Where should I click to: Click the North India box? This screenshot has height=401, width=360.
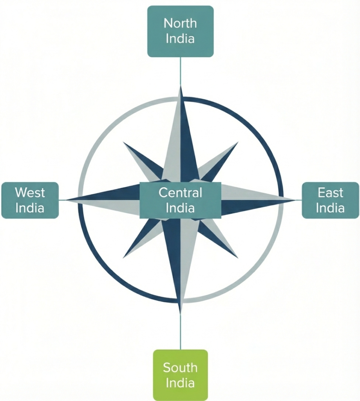pyautogui.click(x=180, y=31)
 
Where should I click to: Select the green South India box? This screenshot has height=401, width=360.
pyautogui.click(x=180, y=375)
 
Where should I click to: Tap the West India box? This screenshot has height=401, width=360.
pyautogui.click(x=30, y=200)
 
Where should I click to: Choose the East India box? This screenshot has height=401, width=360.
pyautogui.click(x=330, y=200)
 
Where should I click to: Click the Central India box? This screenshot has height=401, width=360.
pyautogui.click(x=180, y=200)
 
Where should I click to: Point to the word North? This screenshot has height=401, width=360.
pyautogui.click(x=180, y=23)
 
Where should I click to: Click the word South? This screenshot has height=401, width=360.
pyautogui.click(x=180, y=368)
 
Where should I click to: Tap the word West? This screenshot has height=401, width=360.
pyautogui.click(x=30, y=193)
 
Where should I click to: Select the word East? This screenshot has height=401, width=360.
pyautogui.click(x=330, y=193)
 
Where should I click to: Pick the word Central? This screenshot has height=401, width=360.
pyautogui.click(x=180, y=193)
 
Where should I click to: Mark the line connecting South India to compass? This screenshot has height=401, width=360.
pyautogui.click(x=180, y=331)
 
